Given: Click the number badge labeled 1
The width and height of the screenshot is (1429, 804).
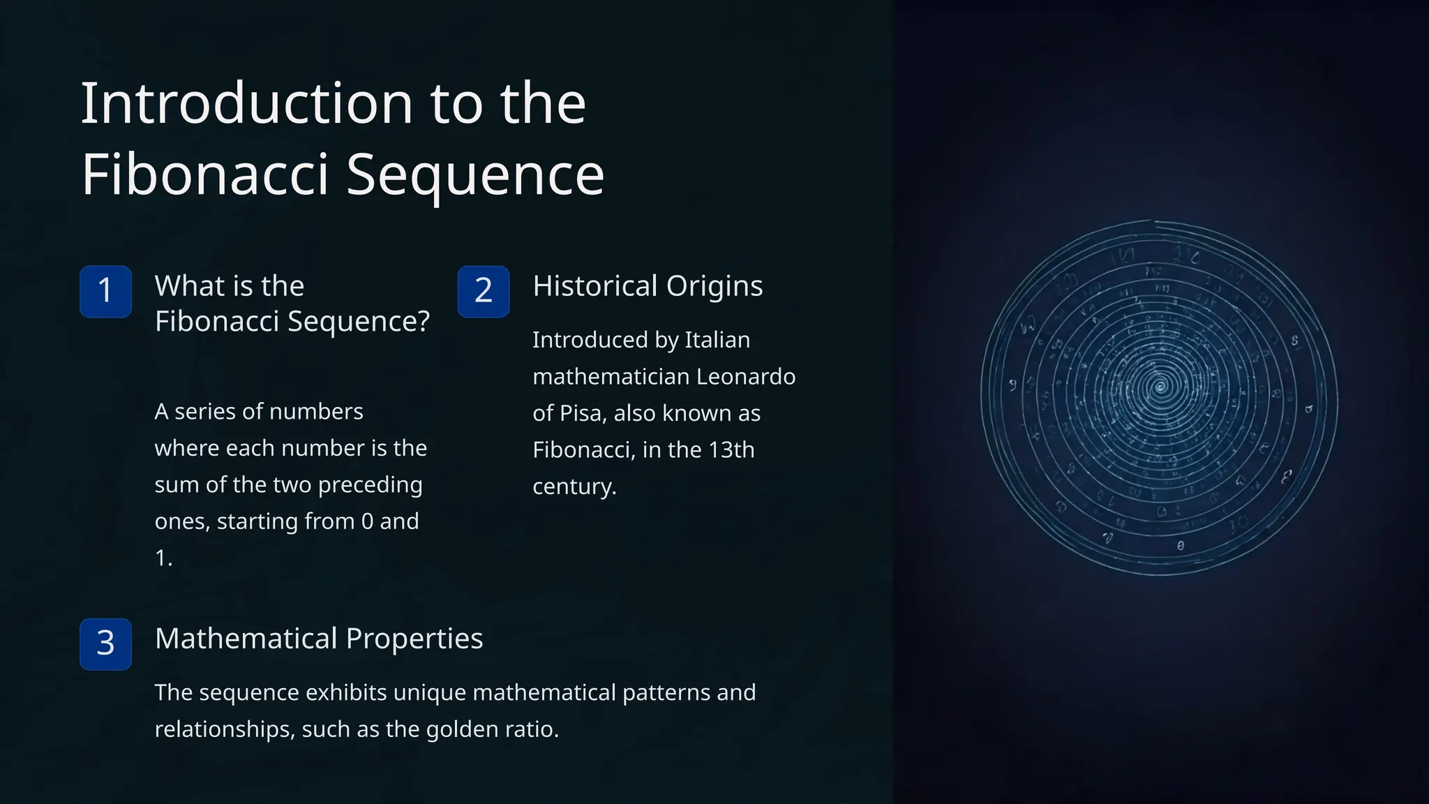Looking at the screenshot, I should (x=105, y=291).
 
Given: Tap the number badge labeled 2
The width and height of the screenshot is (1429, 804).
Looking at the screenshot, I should (x=484, y=291).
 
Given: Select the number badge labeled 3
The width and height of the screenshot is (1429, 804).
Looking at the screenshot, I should (x=105, y=643).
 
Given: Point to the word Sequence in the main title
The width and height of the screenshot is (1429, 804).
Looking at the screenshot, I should (x=475, y=175).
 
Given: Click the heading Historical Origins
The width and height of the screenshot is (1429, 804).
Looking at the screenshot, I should (x=647, y=286).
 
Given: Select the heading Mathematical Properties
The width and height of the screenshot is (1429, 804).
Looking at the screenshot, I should (x=318, y=639).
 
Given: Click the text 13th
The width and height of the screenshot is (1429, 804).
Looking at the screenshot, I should (x=731, y=449).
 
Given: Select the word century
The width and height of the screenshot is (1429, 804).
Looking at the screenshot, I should (x=574, y=486).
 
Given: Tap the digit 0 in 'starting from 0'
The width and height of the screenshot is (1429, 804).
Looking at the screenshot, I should (x=367, y=521).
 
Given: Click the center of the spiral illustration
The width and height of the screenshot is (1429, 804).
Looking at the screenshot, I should (x=1160, y=385).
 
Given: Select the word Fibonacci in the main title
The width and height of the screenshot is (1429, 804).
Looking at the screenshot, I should (x=204, y=175).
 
